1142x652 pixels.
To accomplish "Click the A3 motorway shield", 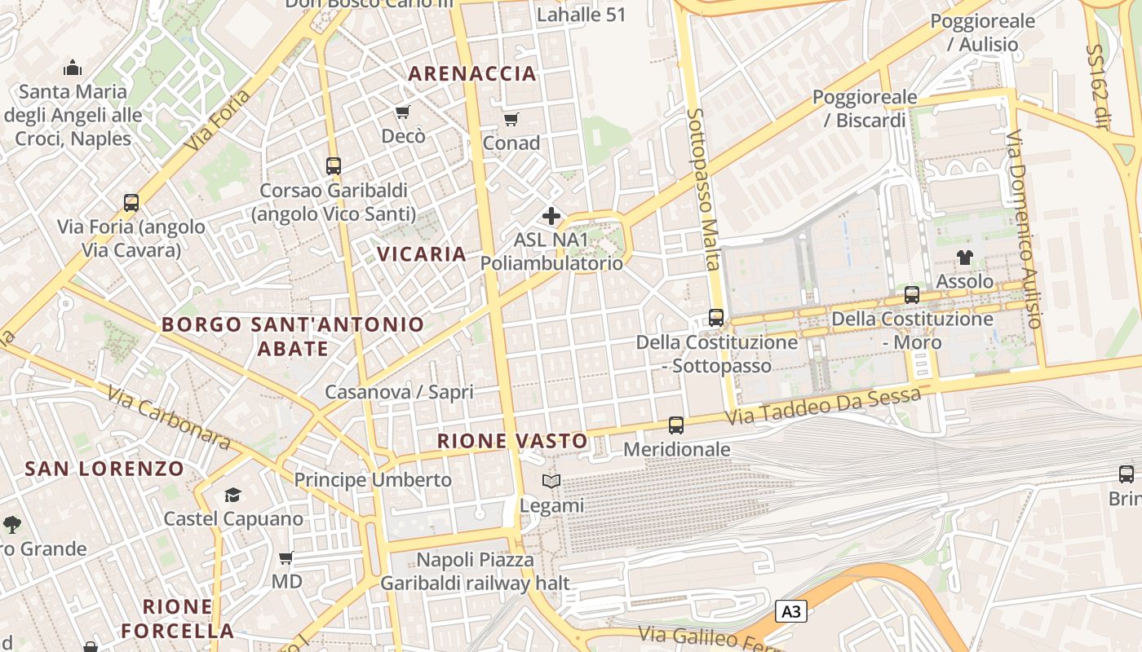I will click(790, 611).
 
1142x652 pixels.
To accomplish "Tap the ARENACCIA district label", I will click(472, 73).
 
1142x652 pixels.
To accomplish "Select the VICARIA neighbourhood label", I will click(422, 253).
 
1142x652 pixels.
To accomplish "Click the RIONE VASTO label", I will click(512, 441).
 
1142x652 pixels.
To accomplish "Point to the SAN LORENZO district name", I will click(104, 469).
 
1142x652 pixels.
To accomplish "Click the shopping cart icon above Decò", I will click(402, 112).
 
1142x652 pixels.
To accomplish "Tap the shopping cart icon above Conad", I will click(511, 120).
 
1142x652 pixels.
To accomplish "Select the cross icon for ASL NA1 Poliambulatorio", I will click(551, 216).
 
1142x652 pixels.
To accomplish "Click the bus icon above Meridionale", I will click(676, 425).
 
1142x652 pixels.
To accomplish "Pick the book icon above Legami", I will click(551, 482).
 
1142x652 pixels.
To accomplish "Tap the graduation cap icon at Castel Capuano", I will click(233, 495).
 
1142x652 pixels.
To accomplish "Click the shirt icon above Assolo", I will click(965, 258).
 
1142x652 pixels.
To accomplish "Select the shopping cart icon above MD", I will click(286, 558).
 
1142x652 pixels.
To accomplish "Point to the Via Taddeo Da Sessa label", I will click(823, 406).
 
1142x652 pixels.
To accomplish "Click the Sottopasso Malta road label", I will click(703, 189).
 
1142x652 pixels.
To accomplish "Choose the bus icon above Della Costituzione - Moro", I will click(912, 294).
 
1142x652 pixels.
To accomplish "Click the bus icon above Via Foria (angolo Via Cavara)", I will click(131, 202).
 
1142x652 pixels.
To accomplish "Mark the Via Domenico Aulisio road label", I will click(1025, 229).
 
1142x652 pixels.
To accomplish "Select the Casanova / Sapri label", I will click(399, 392).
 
